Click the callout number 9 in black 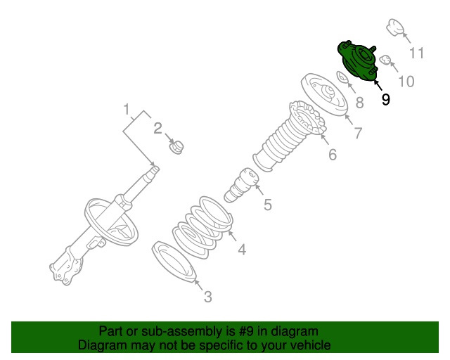click(385, 100)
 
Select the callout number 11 click(417, 53)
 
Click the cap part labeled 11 click(395, 30)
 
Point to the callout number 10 click(406, 82)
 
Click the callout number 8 click(359, 103)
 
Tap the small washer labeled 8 click(342, 77)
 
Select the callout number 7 click(358, 131)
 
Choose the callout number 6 click(333, 154)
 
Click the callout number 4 click(241, 249)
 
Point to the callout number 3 click(207, 297)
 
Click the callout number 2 click(158, 127)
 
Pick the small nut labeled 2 click(176, 148)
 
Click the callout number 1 click(127, 110)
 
